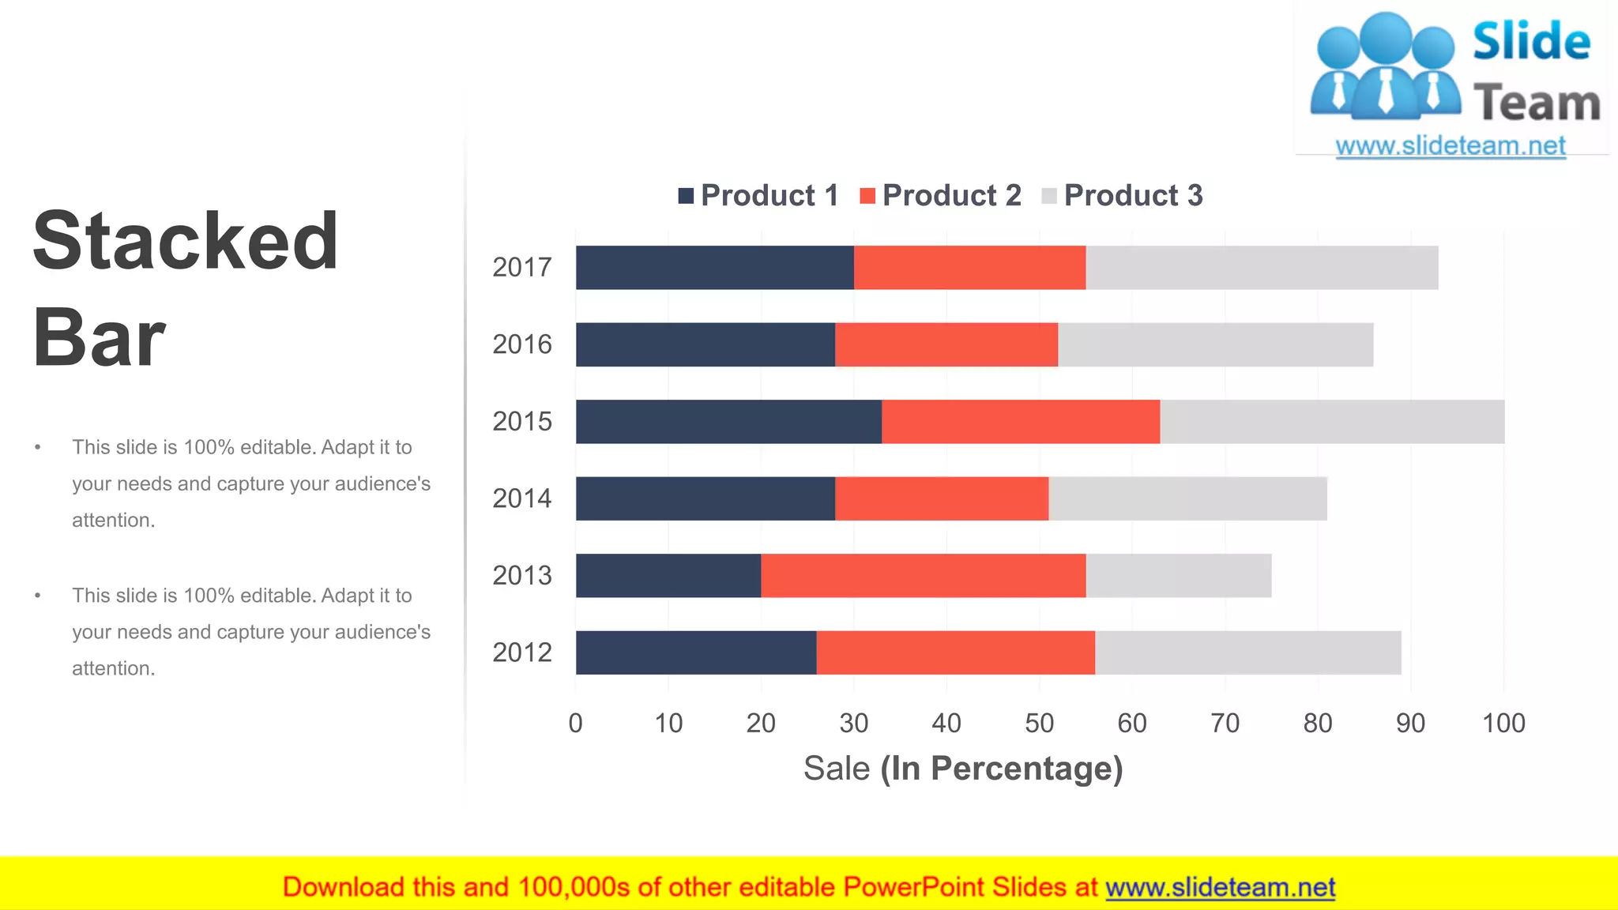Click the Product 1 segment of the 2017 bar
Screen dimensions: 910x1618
[714, 268]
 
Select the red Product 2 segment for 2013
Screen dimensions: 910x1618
[923, 576]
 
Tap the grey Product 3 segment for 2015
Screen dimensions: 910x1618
[1332, 422]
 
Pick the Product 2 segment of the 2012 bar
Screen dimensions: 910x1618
[955, 652]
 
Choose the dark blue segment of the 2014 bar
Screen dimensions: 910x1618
[705, 498]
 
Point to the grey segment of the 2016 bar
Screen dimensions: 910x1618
[1215, 344]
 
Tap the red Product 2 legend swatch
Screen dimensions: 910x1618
[867, 196]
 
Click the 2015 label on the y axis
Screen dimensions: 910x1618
[521, 422]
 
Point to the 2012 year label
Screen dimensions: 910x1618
[521, 652]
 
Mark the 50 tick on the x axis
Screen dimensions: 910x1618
[1039, 723]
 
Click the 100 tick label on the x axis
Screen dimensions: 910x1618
[1503, 723]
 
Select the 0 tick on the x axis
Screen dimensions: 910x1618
[575, 723]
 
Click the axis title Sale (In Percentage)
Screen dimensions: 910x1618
[962, 768]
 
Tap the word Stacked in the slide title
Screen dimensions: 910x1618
[186, 241]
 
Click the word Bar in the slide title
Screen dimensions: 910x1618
[99, 338]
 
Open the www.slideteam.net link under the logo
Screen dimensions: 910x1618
[1450, 145]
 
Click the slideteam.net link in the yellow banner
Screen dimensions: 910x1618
[1220, 887]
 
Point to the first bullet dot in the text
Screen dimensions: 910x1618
[37, 448]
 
